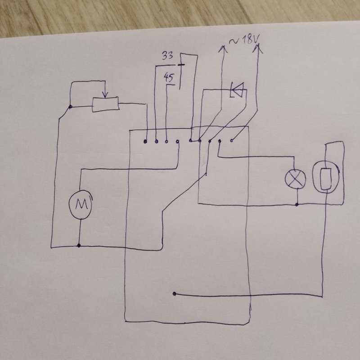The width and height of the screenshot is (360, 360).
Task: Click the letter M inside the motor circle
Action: click(80, 205)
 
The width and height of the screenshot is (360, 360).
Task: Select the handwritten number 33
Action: click(167, 56)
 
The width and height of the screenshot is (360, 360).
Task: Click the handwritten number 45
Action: click(170, 78)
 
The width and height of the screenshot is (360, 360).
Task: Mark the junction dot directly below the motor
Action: click(79, 246)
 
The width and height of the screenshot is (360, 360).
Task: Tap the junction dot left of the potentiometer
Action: click(71, 107)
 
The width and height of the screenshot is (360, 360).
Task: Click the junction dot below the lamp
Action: click(297, 205)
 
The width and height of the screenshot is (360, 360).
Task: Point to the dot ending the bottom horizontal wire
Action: click(174, 294)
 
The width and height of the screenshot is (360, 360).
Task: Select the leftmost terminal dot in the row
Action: click(145, 142)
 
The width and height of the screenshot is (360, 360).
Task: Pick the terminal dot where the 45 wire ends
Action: click(167, 142)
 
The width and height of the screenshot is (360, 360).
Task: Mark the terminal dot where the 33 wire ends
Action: click(156, 142)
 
